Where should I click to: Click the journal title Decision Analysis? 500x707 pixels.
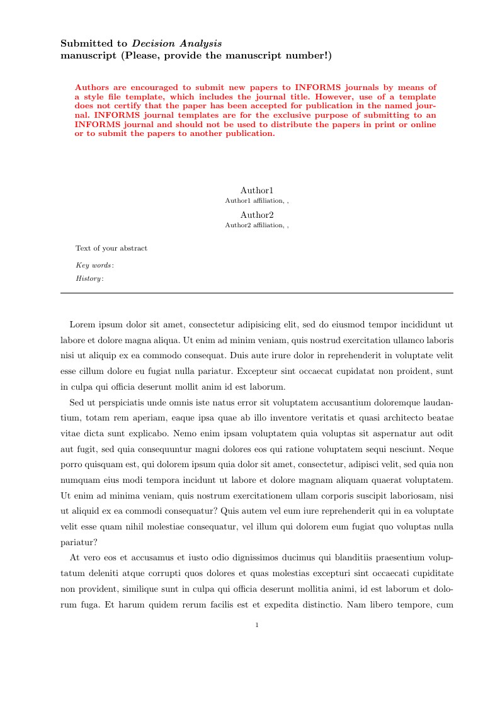pos(177,43)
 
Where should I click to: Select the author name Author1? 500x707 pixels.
pos(257,190)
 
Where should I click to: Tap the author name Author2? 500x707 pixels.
pos(257,215)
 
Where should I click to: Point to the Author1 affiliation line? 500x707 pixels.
pos(257,200)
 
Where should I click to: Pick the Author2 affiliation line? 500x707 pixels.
pos(257,225)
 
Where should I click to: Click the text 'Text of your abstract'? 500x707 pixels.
pos(111,248)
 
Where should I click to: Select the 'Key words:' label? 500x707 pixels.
pos(94,265)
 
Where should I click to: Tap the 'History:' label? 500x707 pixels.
pos(89,278)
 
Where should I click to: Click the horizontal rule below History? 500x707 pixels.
pos(257,293)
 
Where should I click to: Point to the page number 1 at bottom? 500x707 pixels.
pos(257,625)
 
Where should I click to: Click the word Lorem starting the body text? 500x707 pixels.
pos(82,325)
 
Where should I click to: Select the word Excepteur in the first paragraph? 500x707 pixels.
pos(332,371)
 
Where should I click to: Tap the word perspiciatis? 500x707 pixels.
pos(123,402)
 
